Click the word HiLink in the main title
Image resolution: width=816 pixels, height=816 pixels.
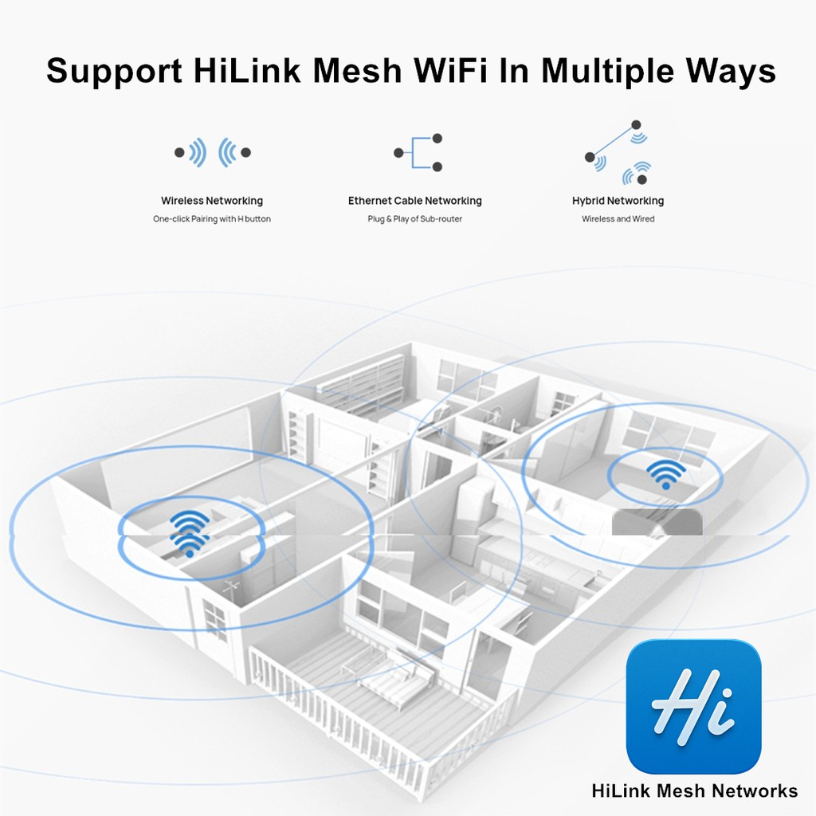[x=247, y=70]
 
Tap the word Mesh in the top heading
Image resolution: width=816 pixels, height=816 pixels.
[x=358, y=70]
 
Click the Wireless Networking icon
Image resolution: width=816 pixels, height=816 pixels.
[x=212, y=152]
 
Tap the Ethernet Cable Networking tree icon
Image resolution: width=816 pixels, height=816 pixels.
[x=418, y=152]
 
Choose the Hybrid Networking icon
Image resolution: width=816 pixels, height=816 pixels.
[x=618, y=153]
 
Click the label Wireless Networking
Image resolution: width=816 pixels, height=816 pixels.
[x=212, y=201]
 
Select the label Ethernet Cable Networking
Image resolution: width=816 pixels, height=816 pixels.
[x=414, y=201]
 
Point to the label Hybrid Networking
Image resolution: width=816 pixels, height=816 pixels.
[x=618, y=201]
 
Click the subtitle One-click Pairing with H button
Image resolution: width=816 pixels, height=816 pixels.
[x=212, y=219]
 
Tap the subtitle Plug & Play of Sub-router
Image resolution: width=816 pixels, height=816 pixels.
[x=414, y=219]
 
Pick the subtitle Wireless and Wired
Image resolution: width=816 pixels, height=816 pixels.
[x=618, y=219]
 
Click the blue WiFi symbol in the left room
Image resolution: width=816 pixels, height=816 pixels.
[x=190, y=533]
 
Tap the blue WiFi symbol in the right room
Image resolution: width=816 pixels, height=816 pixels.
[x=665, y=474]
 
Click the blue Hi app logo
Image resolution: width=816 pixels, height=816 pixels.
[x=694, y=706]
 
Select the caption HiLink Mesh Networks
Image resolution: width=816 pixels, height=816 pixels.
[x=695, y=791]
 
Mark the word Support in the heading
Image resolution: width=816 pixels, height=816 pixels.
[x=115, y=71]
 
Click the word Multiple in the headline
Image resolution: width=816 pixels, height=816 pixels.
[x=608, y=71]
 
